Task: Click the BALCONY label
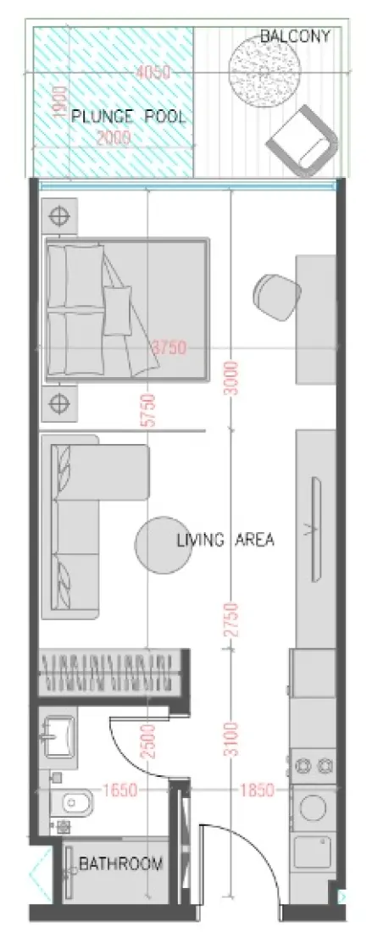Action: tap(294, 36)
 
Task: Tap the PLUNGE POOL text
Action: tap(128, 116)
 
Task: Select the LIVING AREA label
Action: tap(225, 540)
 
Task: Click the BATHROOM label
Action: tap(120, 863)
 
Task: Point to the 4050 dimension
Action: tap(153, 73)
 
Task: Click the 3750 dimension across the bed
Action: tap(169, 347)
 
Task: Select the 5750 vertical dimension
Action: tap(149, 413)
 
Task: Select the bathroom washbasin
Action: tap(59, 735)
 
